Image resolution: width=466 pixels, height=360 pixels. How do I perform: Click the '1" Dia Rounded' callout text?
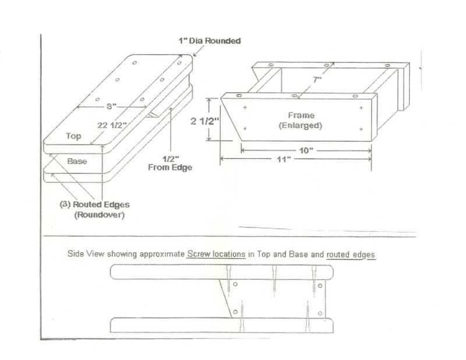tap(209, 41)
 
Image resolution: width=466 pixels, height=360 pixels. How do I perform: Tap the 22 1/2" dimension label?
tap(112, 124)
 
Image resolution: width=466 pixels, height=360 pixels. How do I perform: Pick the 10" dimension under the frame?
tap(307, 150)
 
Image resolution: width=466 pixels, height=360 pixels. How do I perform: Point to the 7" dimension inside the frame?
tap(317, 80)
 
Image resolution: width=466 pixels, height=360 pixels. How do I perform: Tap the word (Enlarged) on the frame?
tap(300, 125)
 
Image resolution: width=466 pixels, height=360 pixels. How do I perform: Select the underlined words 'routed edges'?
tap(351, 255)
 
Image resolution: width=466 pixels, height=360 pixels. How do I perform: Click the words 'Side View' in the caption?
tap(84, 255)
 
